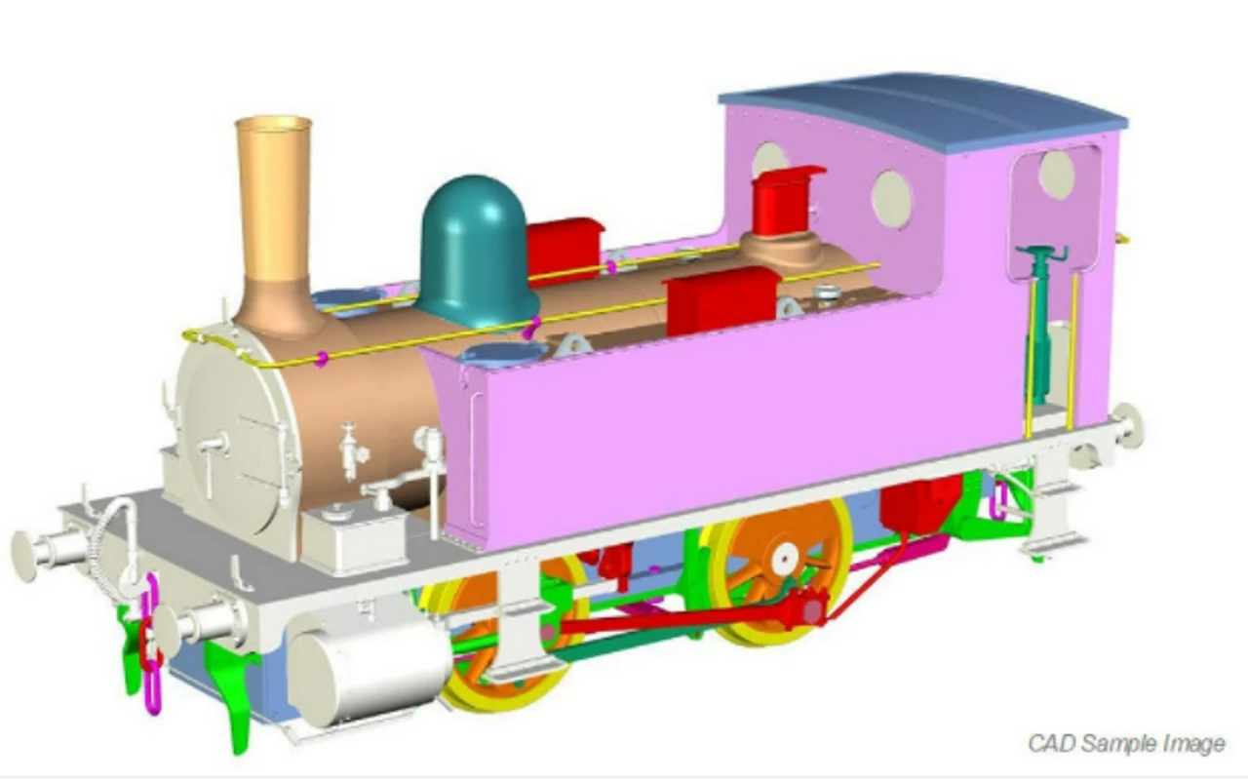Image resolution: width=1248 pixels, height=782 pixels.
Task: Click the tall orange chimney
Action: tap(274, 222)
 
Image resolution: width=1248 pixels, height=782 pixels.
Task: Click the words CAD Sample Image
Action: tap(1126, 744)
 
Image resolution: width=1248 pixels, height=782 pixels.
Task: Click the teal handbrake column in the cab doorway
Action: tap(1039, 323)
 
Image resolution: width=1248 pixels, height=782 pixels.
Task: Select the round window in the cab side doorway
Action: tap(1056, 176)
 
